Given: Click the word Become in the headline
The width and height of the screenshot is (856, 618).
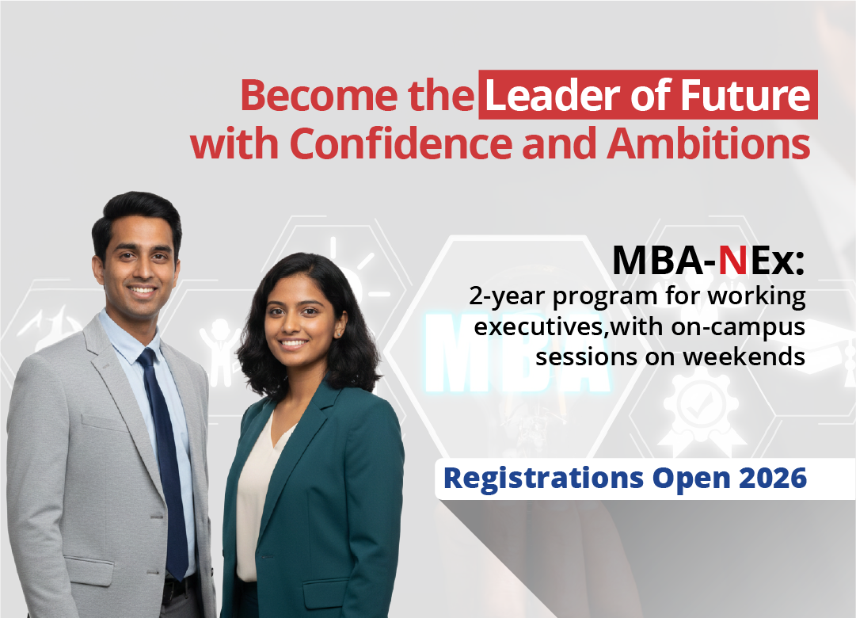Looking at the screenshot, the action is [319, 95].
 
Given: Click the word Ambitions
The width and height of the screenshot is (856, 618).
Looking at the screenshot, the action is [708, 143].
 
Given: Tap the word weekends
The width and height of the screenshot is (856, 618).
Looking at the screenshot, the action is [744, 357].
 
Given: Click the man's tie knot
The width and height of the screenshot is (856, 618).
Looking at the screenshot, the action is [147, 358].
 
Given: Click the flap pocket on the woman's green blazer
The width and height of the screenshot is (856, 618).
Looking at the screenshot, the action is [328, 593].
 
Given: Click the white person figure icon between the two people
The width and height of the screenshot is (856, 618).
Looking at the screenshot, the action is [220, 349].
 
